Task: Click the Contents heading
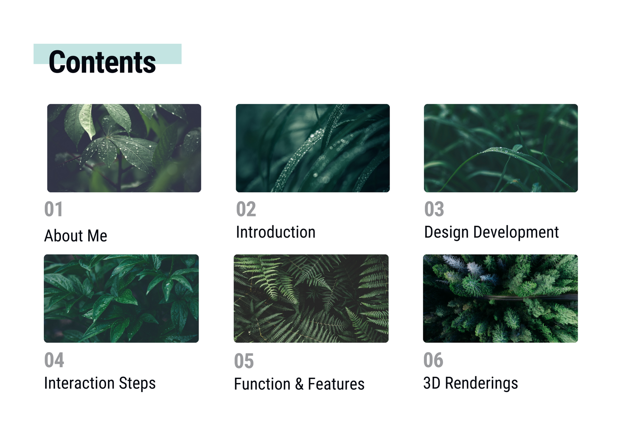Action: click(x=102, y=62)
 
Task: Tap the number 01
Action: click(x=53, y=209)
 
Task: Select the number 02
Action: click(x=246, y=209)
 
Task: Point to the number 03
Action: click(x=434, y=209)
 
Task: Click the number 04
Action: click(x=54, y=360)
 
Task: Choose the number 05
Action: click(x=244, y=361)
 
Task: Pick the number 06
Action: click(x=433, y=360)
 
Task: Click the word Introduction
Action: click(x=276, y=232)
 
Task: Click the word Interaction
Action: click(x=80, y=383)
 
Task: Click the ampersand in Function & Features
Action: click(x=299, y=384)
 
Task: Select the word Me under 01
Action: click(x=97, y=236)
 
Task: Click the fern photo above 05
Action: click(x=311, y=298)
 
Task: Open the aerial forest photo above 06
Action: click(x=500, y=298)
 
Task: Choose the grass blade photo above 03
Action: click(x=501, y=148)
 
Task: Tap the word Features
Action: click(x=336, y=384)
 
